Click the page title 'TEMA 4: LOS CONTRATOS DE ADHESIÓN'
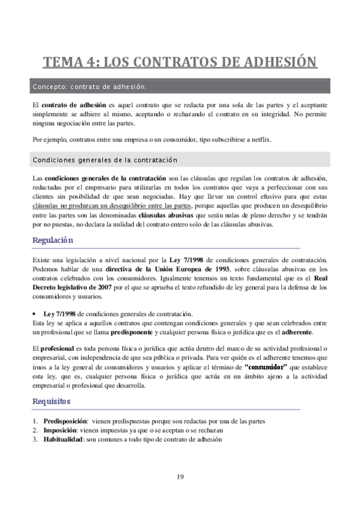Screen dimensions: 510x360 point(180,62)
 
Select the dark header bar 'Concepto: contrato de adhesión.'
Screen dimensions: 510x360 point(180,87)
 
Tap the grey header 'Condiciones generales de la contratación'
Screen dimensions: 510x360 point(180,160)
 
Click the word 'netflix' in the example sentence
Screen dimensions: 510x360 point(260,140)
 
